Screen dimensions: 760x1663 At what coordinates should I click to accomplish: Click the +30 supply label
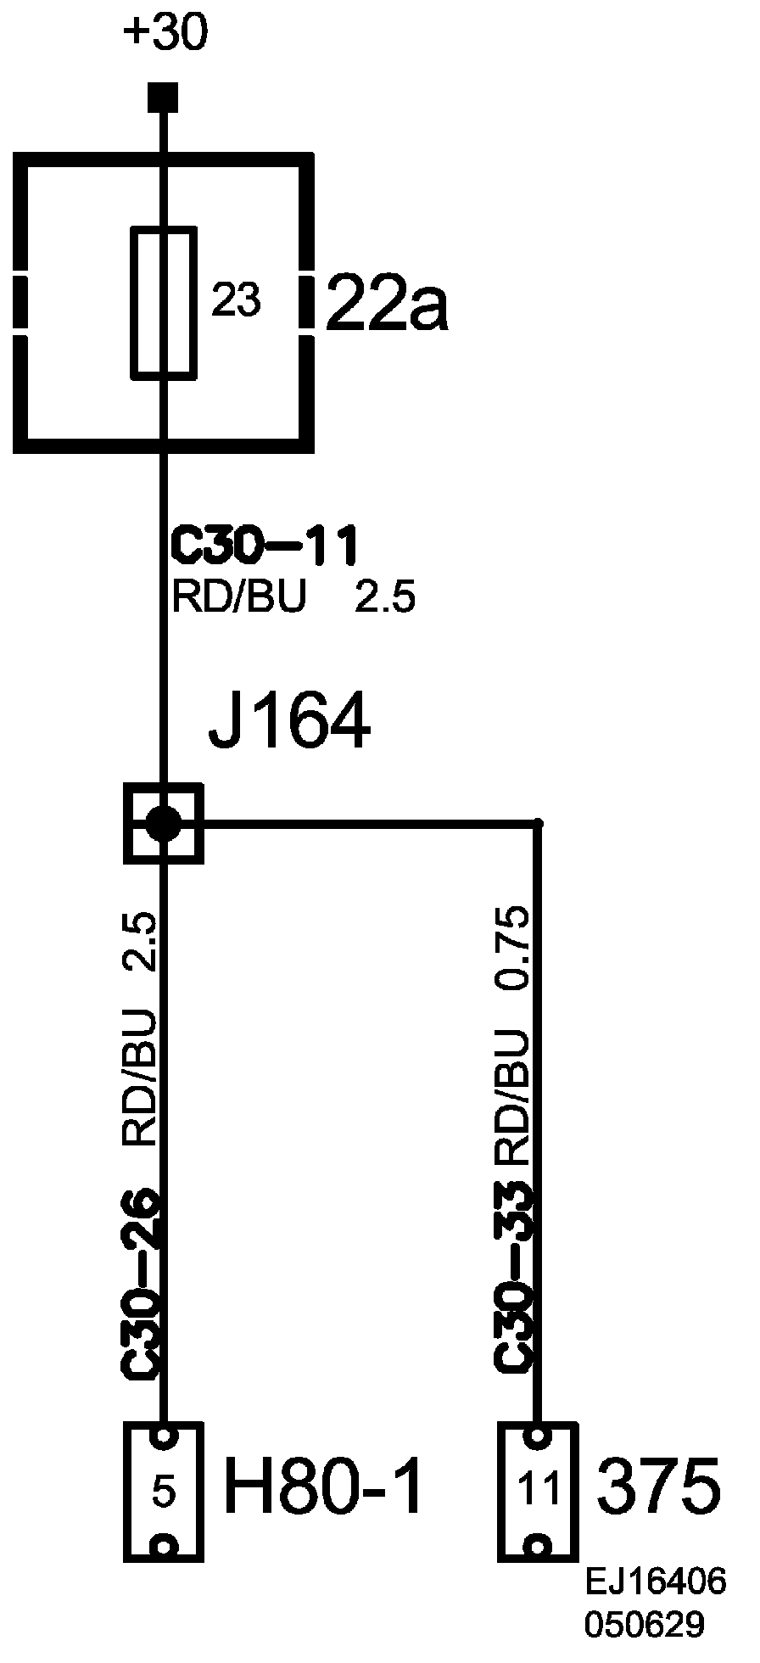click(x=165, y=35)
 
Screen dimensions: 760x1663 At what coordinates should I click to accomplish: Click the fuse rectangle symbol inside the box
click(x=164, y=301)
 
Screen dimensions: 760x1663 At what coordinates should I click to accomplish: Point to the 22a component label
click(x=386, y=301)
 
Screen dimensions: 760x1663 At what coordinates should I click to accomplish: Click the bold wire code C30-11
click(x=264, y=546)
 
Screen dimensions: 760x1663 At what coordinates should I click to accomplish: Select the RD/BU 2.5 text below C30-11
click(x=293, y=598)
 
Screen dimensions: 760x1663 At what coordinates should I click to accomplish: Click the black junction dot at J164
click(x=163, y=822)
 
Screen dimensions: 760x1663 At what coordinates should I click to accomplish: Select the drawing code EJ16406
click(x=656, y=1582)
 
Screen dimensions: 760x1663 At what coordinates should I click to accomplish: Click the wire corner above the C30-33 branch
click(x=537, y=822)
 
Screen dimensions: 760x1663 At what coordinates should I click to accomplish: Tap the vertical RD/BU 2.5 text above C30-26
click(x=141, y=1031)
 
